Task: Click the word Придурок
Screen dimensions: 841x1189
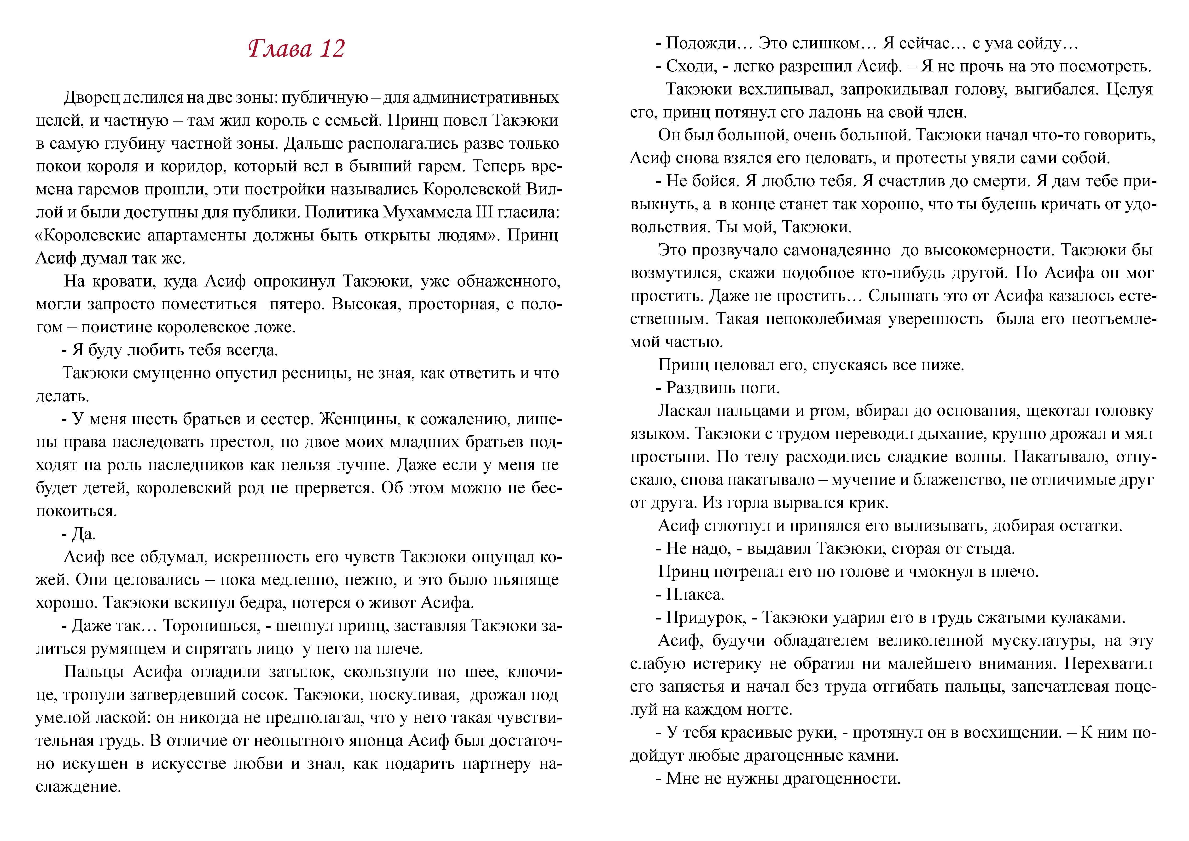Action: pyautogui.click(x=706, y=618)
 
